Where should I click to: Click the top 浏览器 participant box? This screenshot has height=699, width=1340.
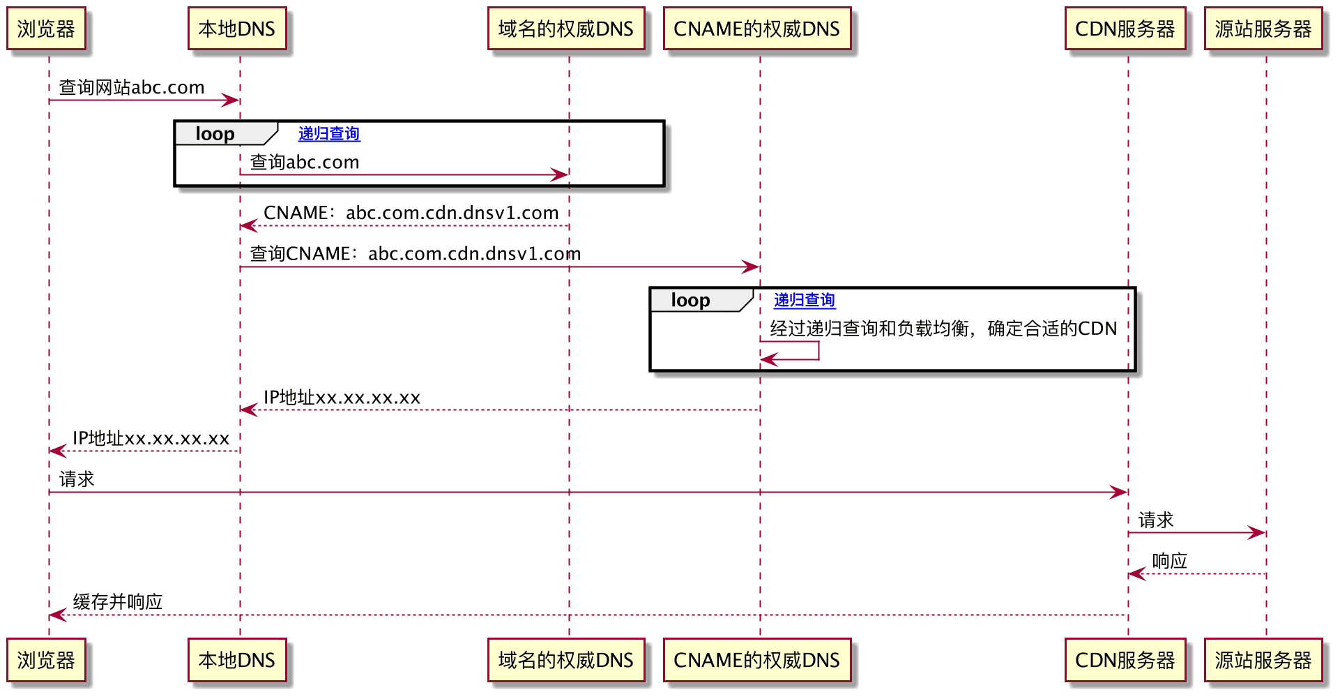(x=46, y=29)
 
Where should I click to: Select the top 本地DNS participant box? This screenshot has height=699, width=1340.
(x=236, y=29)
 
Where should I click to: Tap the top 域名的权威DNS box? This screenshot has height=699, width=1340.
(x=565, y=29)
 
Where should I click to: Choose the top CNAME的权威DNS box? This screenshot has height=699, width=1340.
(x=756, y=29)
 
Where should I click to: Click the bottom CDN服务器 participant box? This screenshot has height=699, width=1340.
(x=1125, y=660)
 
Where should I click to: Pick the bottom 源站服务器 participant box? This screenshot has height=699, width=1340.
(x=1263, y=660)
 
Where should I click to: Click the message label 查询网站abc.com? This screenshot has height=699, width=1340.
(x=132, y=87)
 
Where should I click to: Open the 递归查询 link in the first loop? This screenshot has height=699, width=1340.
(x=329, y=133)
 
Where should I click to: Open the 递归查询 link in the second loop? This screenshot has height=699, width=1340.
(x=804, y=300)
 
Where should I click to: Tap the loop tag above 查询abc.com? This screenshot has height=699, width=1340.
(x=215, y=133)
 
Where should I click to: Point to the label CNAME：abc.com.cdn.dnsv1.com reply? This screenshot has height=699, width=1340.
(x=411, y=213)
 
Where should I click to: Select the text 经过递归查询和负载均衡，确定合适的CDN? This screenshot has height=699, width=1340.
(x=943, y=329)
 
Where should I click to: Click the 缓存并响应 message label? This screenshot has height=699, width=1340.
(x=118, y=602)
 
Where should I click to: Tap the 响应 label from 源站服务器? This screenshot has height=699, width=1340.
(x=1169, y=561)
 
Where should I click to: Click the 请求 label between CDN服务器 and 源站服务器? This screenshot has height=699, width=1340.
(x=1155, y=520)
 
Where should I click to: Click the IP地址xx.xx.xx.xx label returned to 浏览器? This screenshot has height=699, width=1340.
(x=151, y=438)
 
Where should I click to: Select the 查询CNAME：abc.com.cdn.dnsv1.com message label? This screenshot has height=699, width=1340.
(x=415, y=254)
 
